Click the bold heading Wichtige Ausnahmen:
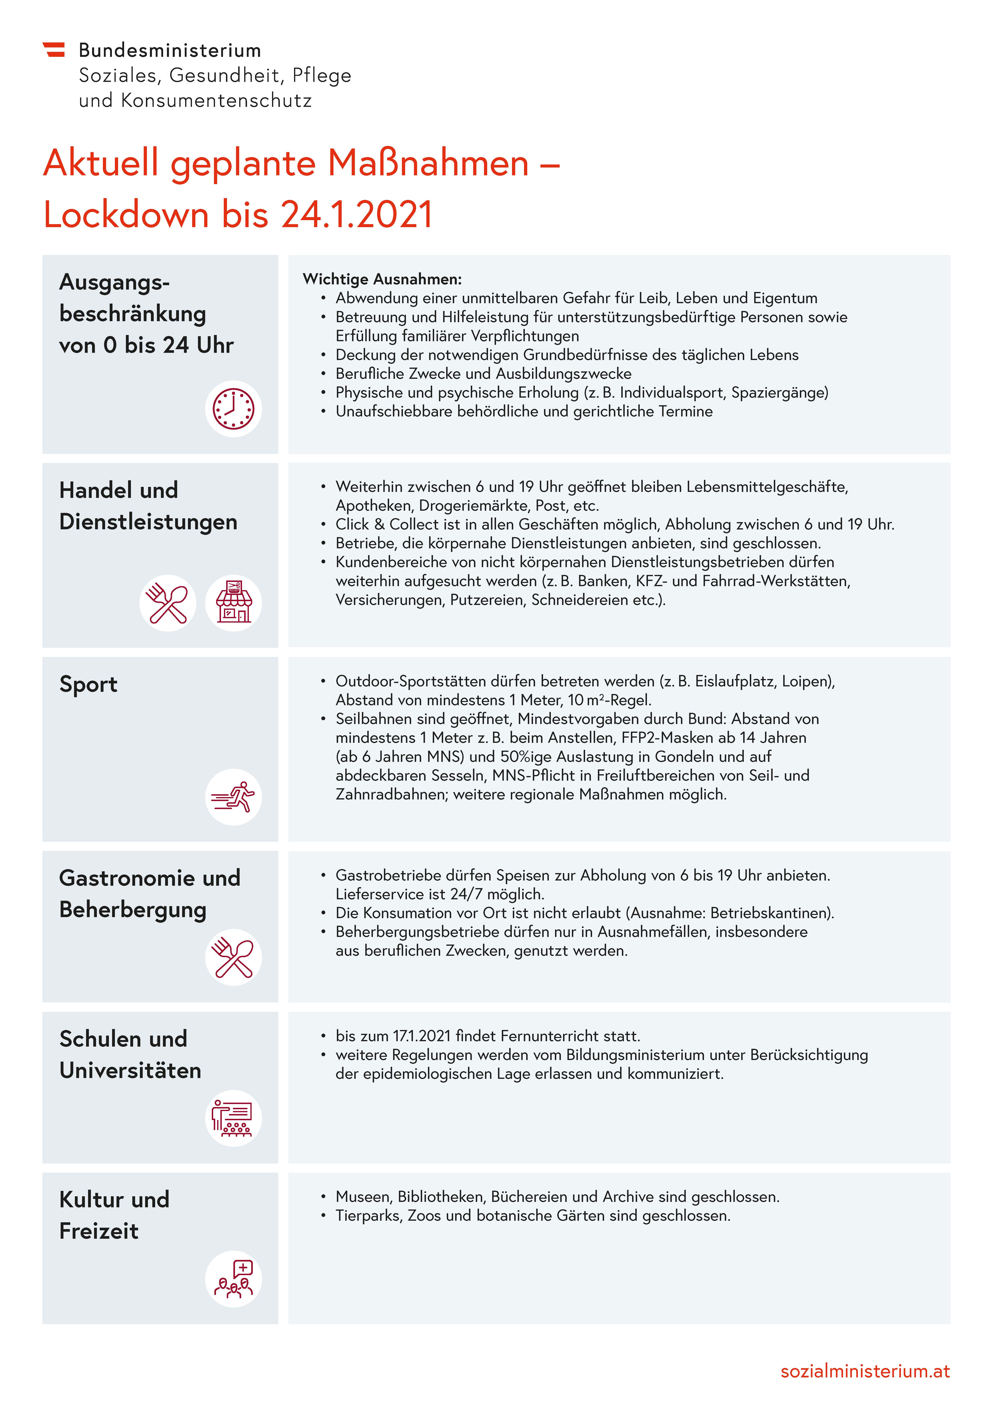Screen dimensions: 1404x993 [x=382, y=279]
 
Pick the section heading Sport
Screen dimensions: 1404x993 [x=88, y=684]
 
